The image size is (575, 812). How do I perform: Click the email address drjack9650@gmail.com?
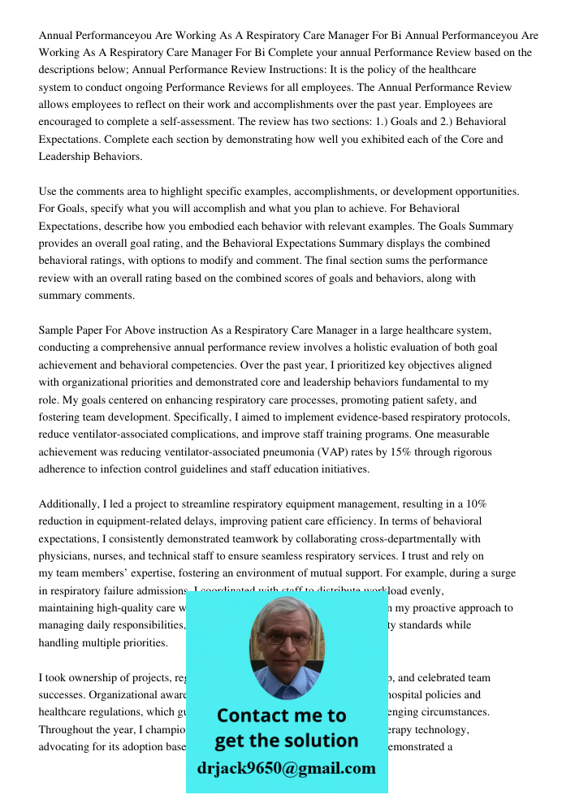tap(286, 768)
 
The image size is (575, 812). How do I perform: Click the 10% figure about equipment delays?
tap(473, 503)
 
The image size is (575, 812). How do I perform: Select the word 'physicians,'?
tap(67, 556)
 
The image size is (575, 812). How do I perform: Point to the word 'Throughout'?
tap(65, 729)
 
